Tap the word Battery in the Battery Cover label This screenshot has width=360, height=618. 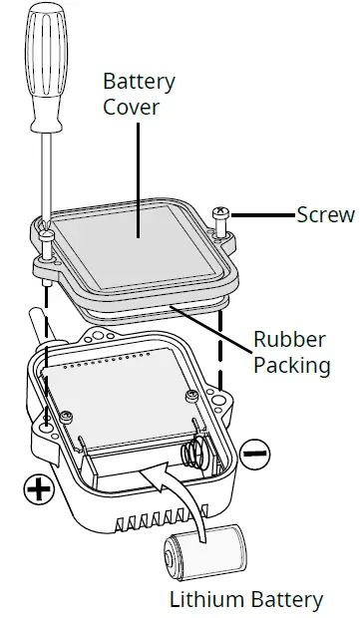pos(139,81)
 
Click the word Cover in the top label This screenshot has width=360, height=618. pos(130,106)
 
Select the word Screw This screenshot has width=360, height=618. pos(325,214)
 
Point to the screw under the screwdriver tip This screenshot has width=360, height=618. pos(47,237)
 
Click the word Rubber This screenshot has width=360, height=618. pos(291,339)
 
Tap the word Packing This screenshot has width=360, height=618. pos(291,365)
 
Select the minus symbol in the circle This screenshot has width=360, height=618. pos(255,454)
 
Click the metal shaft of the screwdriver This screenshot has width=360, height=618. pos(45,179)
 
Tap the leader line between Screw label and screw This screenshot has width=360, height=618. pos(261,213)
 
